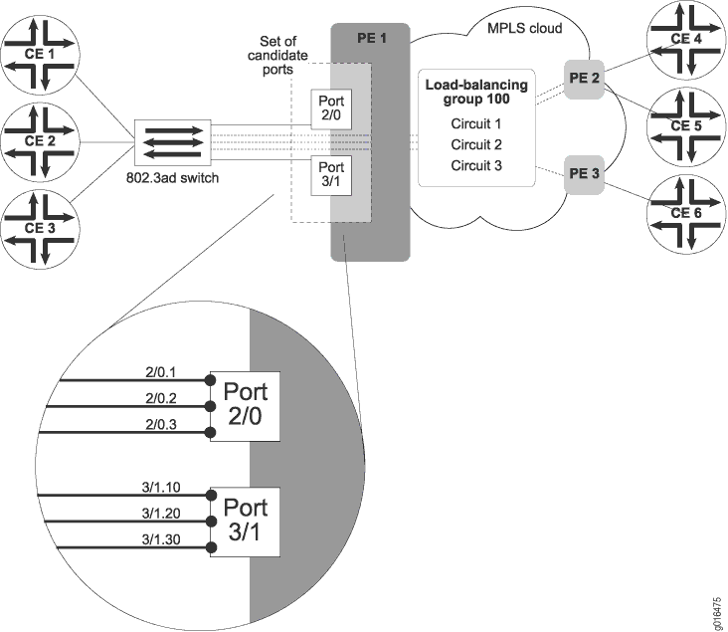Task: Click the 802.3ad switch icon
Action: point(172,141)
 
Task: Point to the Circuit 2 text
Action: point(476,144)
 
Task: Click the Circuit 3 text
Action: point(476,165)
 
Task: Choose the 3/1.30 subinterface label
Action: point(160,539)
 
